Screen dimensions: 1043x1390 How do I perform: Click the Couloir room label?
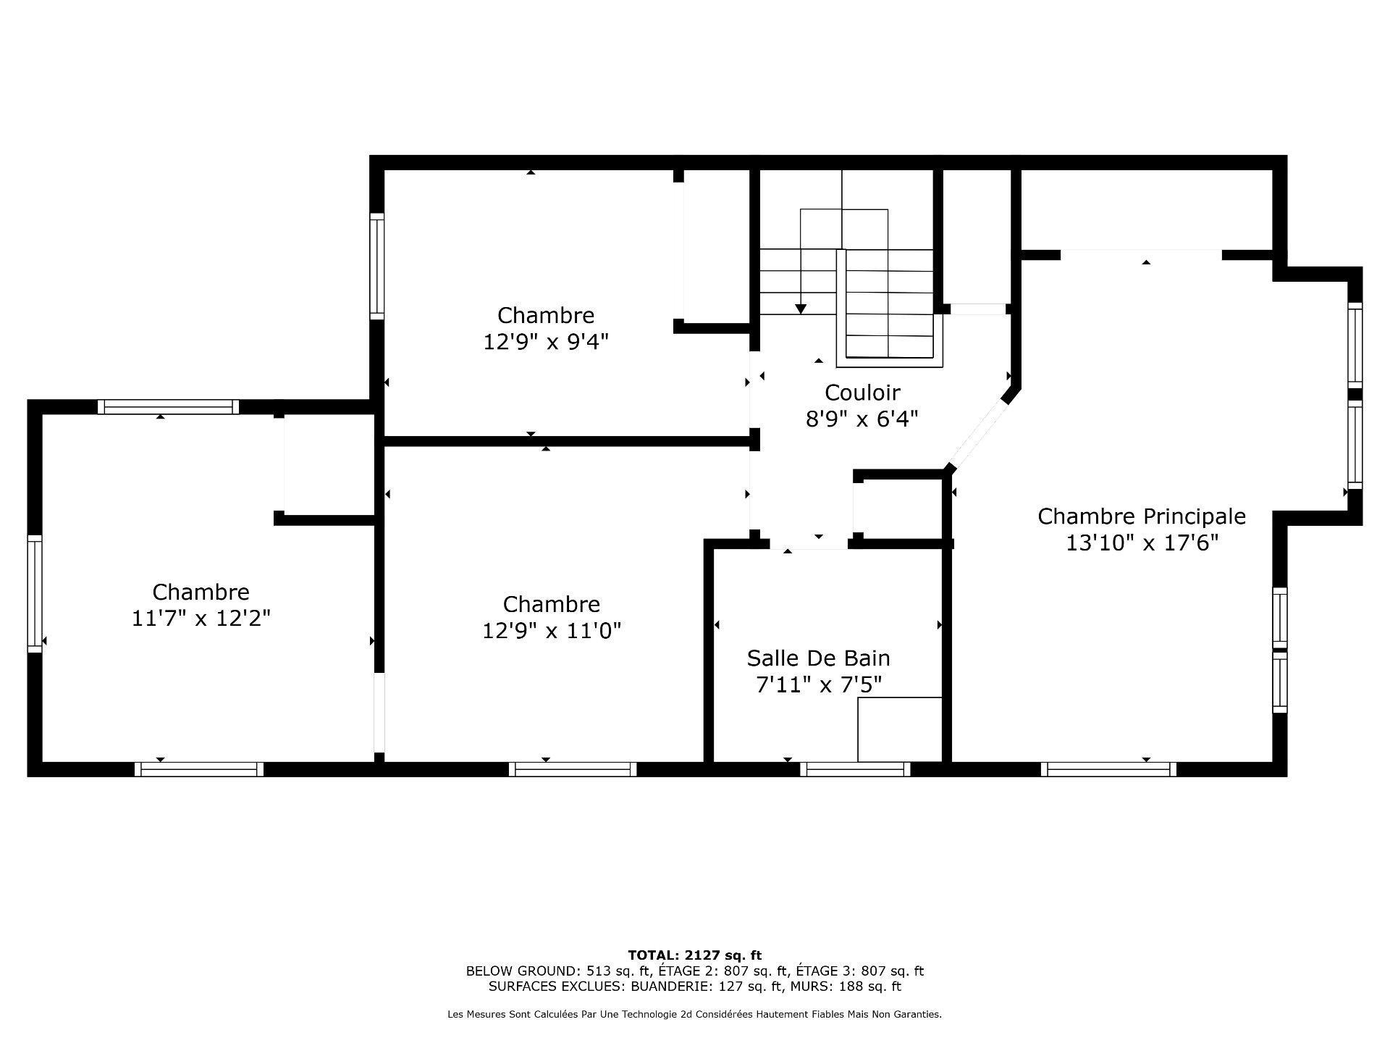tap(862, 393)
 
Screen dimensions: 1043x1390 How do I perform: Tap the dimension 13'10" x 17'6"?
tap(1142, 543)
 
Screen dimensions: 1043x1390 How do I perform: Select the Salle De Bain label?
tap(818, 658)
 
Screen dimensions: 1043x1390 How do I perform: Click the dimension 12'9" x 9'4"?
tap(545, 342)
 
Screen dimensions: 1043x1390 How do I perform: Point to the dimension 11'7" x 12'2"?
tap(201, 619)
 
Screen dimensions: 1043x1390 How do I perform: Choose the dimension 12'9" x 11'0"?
tap(551, 631)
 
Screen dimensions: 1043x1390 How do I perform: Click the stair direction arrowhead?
tap(801, 309)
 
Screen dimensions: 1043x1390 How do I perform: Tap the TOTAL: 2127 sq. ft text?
tap(694, 955)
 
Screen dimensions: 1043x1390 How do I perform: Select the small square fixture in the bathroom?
tap(899, 729)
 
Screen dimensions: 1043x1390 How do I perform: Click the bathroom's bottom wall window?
tap(854, 769)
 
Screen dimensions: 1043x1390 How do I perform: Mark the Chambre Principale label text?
tap(1142, 516)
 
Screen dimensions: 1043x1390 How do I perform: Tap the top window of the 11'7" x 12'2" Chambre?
tap(168, 407)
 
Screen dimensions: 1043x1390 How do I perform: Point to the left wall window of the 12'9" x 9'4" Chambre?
tap(376, 266)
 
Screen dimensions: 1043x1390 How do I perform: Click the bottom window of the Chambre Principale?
tap(1108, 769)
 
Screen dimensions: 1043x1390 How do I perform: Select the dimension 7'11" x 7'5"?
tap(818, 684)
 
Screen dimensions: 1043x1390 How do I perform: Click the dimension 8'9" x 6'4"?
tap(862, 419)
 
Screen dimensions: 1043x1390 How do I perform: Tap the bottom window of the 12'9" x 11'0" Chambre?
tap(573, 769)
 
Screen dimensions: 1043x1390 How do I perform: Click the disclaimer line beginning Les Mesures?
tap(694, 1015)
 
